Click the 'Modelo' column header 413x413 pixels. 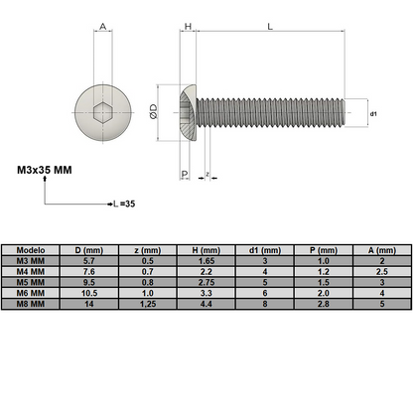32,251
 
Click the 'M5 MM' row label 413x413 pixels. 32,281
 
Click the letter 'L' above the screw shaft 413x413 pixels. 271,30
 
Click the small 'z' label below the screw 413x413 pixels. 206,175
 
